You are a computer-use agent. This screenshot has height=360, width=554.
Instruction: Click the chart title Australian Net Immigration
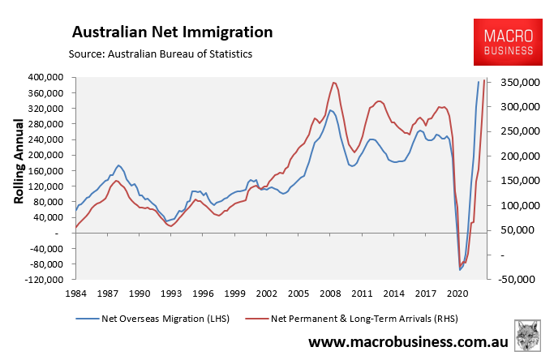[x=172, y=32]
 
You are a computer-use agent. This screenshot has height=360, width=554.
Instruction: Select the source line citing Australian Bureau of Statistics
[x=161, y=54]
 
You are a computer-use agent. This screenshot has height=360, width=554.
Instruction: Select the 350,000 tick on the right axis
[x=514, y=83]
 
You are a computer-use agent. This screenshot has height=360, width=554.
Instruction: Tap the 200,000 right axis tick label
[x=514, y=156]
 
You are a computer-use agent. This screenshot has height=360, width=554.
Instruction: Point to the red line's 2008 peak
[x=334, y=82]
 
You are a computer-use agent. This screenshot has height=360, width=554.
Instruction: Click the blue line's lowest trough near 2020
[x=460, y=270]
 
